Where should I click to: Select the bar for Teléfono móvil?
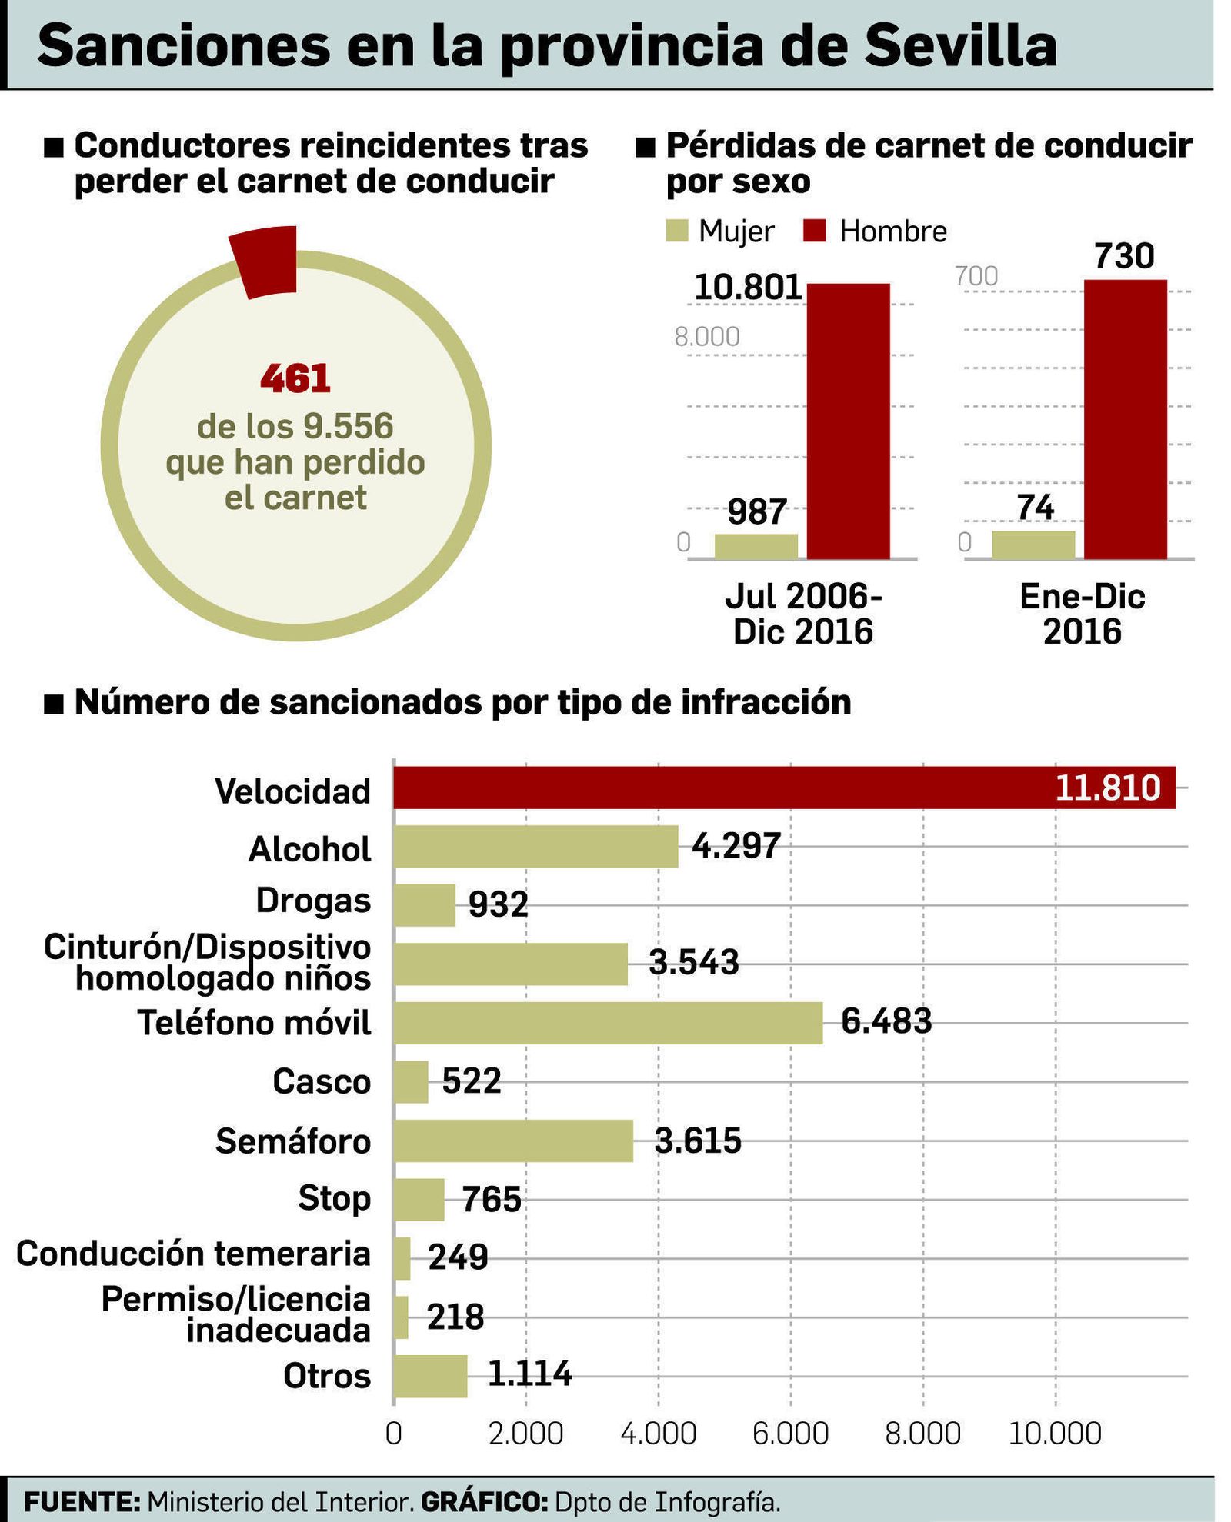(x=608, y=1023)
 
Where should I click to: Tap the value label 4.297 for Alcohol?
(x=736, y=845)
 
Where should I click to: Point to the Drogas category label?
(x=313, y=901)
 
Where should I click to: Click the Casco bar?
(x=410, y=1081)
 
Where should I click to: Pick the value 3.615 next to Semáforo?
(x=698, y=1140)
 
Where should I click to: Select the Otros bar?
(x=430, y=1375)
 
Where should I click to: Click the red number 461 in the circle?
(x=295, y=378)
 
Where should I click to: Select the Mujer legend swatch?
(x=676, y=231)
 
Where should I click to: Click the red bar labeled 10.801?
(x=848, y=421)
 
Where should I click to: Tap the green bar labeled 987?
(x=756, y=546)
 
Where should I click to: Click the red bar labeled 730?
(x=1125, y=419)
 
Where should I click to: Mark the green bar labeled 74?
(x=1033, y=545)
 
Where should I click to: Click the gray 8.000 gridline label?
(x=706, y=337)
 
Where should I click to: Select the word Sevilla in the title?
(x=959, y=46)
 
